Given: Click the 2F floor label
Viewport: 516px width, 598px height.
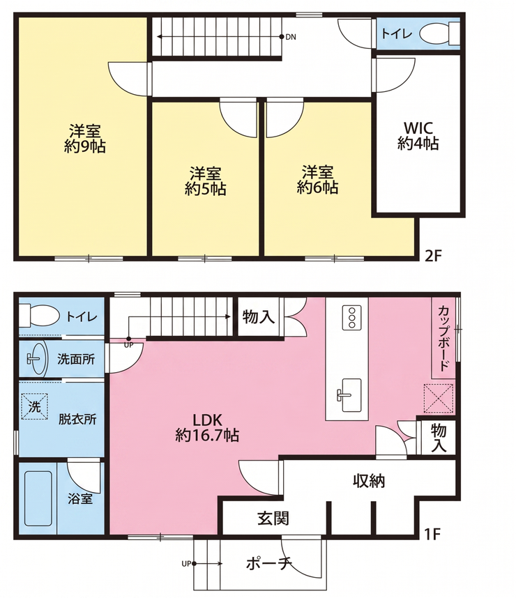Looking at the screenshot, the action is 433,256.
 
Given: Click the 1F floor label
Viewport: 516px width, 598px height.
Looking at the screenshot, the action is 432,535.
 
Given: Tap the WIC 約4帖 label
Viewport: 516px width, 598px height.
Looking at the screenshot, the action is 418,136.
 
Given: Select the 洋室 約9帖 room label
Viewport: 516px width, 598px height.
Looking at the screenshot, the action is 85,139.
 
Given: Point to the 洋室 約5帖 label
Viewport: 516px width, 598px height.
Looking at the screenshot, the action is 205,181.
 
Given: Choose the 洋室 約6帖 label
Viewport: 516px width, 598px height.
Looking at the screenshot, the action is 317,180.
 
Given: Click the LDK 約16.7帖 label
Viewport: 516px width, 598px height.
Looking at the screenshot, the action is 207,427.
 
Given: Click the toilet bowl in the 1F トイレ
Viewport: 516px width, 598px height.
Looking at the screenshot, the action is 39,316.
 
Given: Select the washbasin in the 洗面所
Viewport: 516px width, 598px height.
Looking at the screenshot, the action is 37,358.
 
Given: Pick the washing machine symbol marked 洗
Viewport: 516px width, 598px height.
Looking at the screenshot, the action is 34,406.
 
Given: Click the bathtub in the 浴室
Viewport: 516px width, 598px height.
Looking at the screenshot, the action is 38,499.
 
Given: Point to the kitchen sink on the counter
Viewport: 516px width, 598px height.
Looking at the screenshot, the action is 351,395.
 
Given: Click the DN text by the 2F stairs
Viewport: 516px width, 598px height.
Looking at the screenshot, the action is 291,37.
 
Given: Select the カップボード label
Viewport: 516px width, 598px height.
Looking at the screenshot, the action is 443,338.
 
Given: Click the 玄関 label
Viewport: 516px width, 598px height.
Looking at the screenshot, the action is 273,519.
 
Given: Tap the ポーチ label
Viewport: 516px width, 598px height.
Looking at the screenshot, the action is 269,563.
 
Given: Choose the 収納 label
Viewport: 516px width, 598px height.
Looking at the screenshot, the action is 369,482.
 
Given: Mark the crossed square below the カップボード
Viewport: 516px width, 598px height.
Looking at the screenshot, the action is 439,399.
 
